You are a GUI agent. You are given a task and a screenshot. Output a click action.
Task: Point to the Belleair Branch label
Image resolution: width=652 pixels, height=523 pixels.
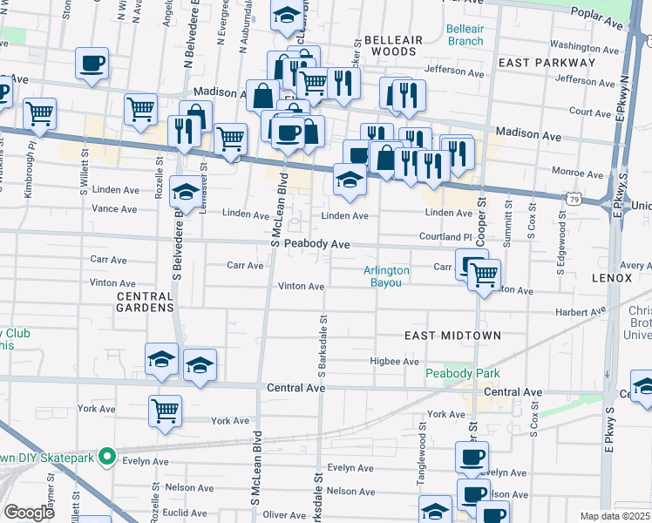[x=465, y=35]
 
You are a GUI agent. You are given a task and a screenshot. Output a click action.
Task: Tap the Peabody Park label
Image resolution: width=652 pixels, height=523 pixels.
[x=463, y=374]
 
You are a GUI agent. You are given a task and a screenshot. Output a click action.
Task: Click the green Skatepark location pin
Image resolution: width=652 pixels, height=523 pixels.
[x=106, y=455]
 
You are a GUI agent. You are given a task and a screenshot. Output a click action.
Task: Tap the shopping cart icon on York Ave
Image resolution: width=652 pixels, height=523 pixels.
[x=165, y=410]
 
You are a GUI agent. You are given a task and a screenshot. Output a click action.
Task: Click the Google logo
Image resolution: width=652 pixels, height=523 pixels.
[x=29, y=513]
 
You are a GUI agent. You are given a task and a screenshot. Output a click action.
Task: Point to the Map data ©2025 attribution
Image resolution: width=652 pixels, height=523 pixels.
[x=615, y=516]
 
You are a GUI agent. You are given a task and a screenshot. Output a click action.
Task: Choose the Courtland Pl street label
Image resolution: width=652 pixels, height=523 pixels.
[x=445, y=236]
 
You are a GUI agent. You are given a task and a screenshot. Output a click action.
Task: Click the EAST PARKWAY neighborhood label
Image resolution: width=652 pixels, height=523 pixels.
[x=534, y=64]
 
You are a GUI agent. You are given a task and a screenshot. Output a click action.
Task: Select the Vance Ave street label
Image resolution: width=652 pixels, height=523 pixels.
[x=114, y=209]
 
